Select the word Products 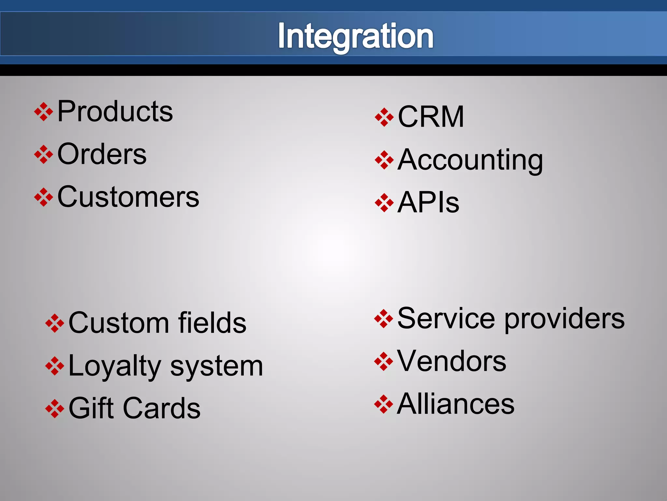[x=115, y=112]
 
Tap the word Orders [x=102, y=154]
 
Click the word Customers [x=128, y=197]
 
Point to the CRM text [x=431, y=117]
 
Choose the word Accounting [x=470, y=160]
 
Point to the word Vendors [x=451, y=361]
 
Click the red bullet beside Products [x=44, y=112]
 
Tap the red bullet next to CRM [x=384, y=117]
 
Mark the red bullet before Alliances [x=384, y=404]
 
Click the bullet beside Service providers [x=384, y=319]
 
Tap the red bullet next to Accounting [x=384, y=160]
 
